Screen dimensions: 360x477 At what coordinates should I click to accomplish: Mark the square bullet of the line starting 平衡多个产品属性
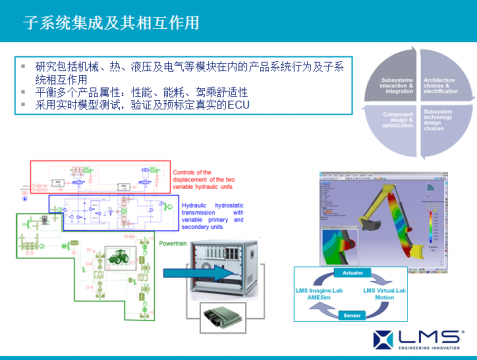[x=25, y=92]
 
